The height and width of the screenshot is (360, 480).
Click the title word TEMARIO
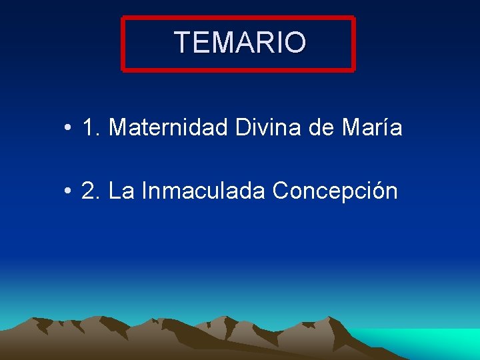[x=240, y=43]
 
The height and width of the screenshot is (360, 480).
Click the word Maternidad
[x=169, y=127]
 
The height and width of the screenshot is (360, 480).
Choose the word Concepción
[x=335, y=191]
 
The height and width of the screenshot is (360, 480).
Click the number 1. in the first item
[x=91, y=127]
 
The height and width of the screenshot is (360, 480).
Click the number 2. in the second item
[x=91, y=191]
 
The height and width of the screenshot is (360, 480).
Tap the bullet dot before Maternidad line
[x=69, y=127]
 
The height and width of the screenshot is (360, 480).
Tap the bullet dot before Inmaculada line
[x=69, y=192]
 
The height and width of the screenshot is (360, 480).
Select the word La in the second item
[x=121, y=191]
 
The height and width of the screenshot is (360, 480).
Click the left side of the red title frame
[x=123, y=43]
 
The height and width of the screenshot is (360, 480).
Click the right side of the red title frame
[x=353, y=43]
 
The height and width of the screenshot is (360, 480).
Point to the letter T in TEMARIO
[x=183, y=43]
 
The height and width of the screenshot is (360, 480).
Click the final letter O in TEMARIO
[x=295, y=43]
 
